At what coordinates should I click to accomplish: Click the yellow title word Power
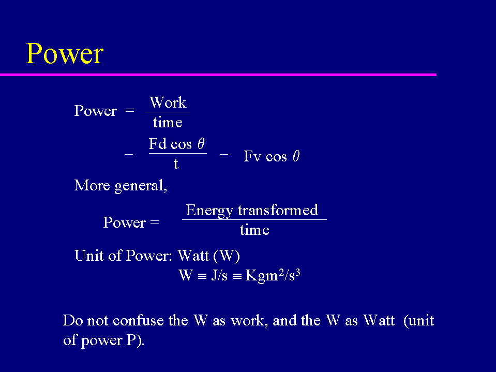click(65, 53)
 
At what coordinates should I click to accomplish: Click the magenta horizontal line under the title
click(218, 75)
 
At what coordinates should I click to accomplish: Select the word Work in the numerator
click(168, 102)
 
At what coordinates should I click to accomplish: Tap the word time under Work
click(168, 122)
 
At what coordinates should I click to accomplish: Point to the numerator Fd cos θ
click(177, 144)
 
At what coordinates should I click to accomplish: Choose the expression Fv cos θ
click(272, 156)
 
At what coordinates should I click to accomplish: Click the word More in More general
click(92, 185)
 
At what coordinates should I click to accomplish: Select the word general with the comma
click(141, 186)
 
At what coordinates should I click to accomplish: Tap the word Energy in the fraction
click(209, 211)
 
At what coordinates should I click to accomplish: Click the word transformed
click(278, 210)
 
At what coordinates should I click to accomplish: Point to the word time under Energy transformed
click(254, 230)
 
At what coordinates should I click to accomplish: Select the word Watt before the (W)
click(193, 256)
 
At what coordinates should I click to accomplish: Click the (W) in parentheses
click(227, 256)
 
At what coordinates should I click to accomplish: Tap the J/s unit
click(219, 275)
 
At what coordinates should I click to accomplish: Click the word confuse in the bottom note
click(138, 320)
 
